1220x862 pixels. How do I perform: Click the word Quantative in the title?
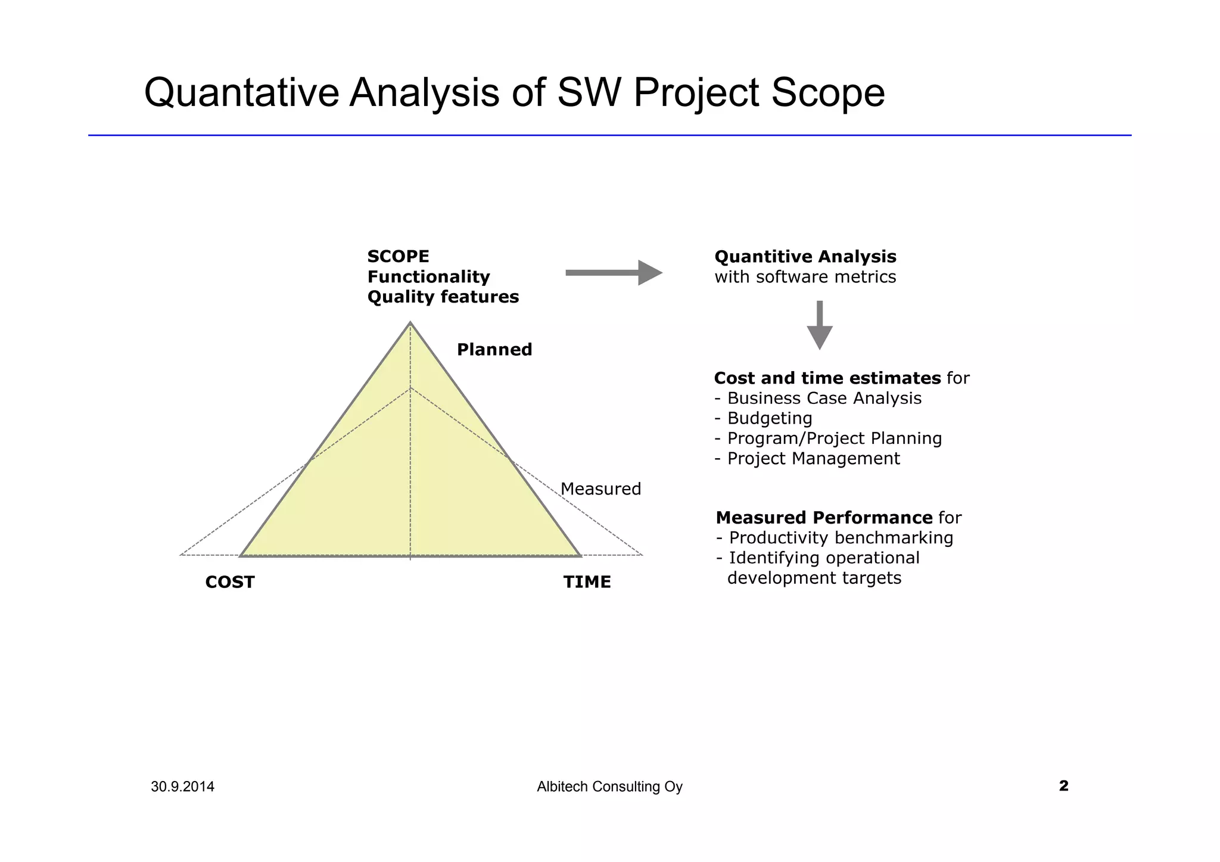pyautogui.click(x=241, y=93)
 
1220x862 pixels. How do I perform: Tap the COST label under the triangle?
pyautogui.click(x=230, y=582)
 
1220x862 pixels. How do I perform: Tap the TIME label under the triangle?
pyautogui.click(x=587, y=582)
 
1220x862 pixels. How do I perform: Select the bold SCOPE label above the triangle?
pyautogui.click(x=398, y=257)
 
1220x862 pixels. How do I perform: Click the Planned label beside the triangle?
pyautogui.click(x=494, y=350)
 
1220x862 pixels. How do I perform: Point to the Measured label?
pyautogui.click(x=600, y=489)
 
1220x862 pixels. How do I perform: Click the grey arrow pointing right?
pyautogui.click(x=614, y=273)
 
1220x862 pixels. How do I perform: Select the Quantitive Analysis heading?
pyautogui.click(x=805, y=257)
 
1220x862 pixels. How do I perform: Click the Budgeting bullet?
pyautogui.click(x=769, y=418)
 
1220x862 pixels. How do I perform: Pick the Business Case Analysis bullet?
pyautogui.click(x=824, y=398)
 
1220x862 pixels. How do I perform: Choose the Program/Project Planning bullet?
pyautogui.click(x=834, y=438)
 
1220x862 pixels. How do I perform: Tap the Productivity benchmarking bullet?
pyautogui.click(x=841, y=538)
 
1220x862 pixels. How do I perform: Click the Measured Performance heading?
pyautogui.click(x=824, y=518)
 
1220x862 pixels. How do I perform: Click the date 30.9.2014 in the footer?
pyautogui.click(x=182, y=787)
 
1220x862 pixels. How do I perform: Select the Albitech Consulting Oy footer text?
pyautogui.click(x=609, y=787)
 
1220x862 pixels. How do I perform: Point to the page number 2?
pyautogui.click(x=1063, y=786)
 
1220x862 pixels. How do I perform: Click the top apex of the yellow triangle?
pyautogui.click(x=410, y=324)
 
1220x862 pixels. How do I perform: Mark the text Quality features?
pyautogui.click(x=443, y=297)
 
